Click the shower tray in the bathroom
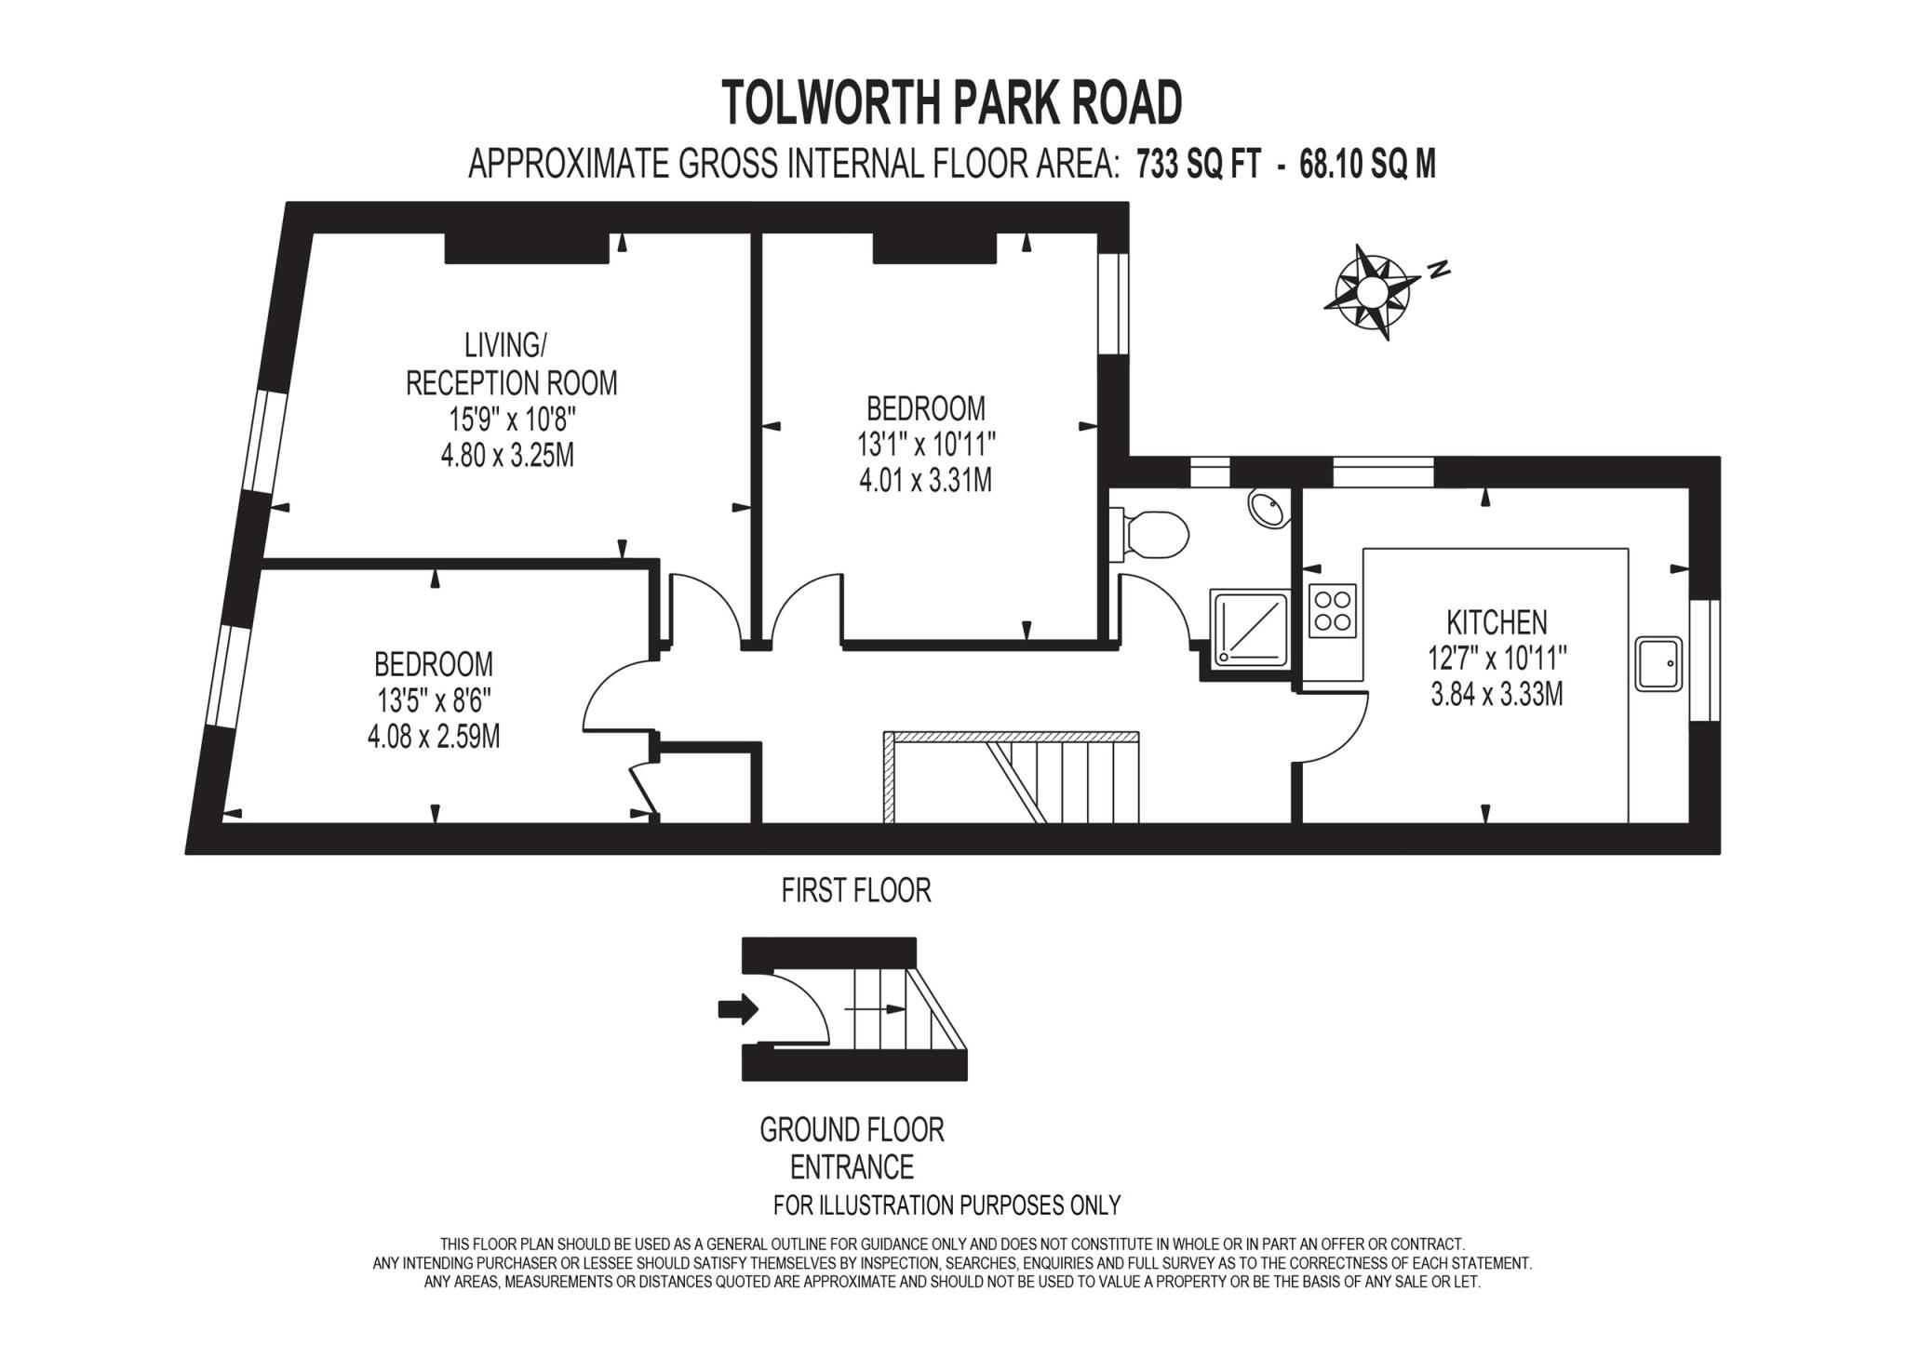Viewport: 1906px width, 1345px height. coord(1249,629)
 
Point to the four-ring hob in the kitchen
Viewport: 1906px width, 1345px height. coord(1332,610)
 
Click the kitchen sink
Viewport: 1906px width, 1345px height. coord(1658,663)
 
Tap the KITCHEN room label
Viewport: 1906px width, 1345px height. coord(1497,621)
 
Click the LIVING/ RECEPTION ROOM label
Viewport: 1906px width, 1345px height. coord(510,364)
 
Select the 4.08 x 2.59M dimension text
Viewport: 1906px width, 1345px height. coord(434,738)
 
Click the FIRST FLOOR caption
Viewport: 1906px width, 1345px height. coord(855,890)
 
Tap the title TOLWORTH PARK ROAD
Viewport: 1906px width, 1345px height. coord(951,102)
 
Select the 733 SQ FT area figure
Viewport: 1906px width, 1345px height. coord(1198,166)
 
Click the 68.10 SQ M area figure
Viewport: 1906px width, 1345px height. coord(1367,166)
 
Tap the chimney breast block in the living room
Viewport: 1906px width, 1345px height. coord(527,248)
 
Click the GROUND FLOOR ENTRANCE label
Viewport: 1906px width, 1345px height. coord(852,1148)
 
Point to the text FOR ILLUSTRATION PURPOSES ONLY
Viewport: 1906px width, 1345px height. coord(946,1205)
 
